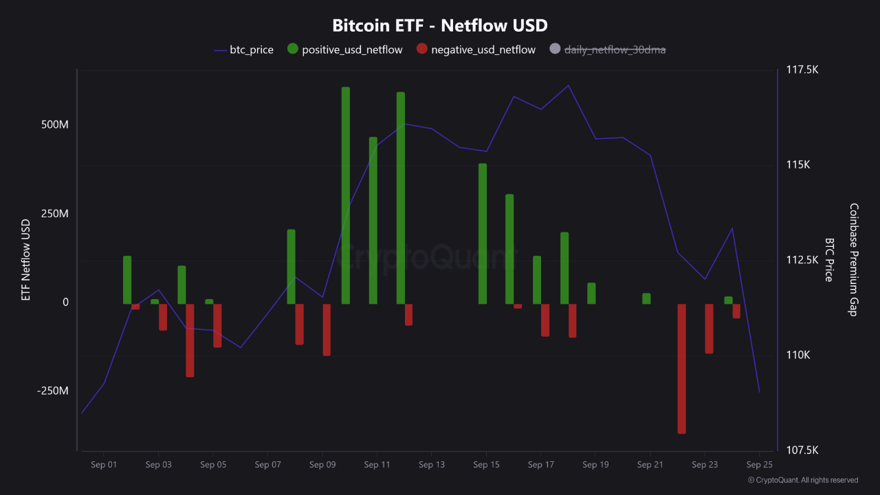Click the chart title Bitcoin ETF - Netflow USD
point(440,25)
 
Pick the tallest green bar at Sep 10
point(346,195)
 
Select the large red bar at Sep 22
point(682,368)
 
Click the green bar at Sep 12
point(401,198)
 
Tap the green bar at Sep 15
point(483,234)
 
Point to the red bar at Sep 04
point(190,340)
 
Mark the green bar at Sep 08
point(291,267)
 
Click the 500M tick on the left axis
point(55,125)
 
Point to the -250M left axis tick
point(52,390)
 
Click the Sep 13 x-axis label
point(431,465)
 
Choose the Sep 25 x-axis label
point(759,465)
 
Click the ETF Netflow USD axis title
point(26,260)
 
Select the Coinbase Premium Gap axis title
point(853,260)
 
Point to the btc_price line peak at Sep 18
point(569,85)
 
